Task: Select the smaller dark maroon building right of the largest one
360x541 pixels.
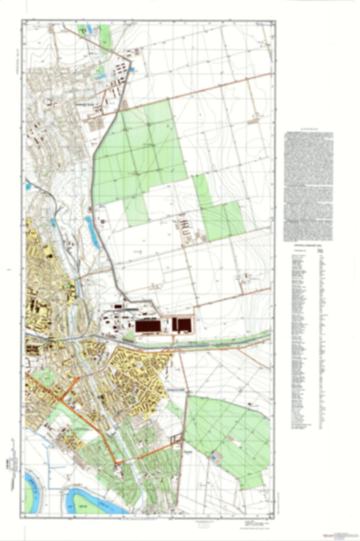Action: [182, 324]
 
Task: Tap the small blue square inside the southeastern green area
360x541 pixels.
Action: [214, 457]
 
